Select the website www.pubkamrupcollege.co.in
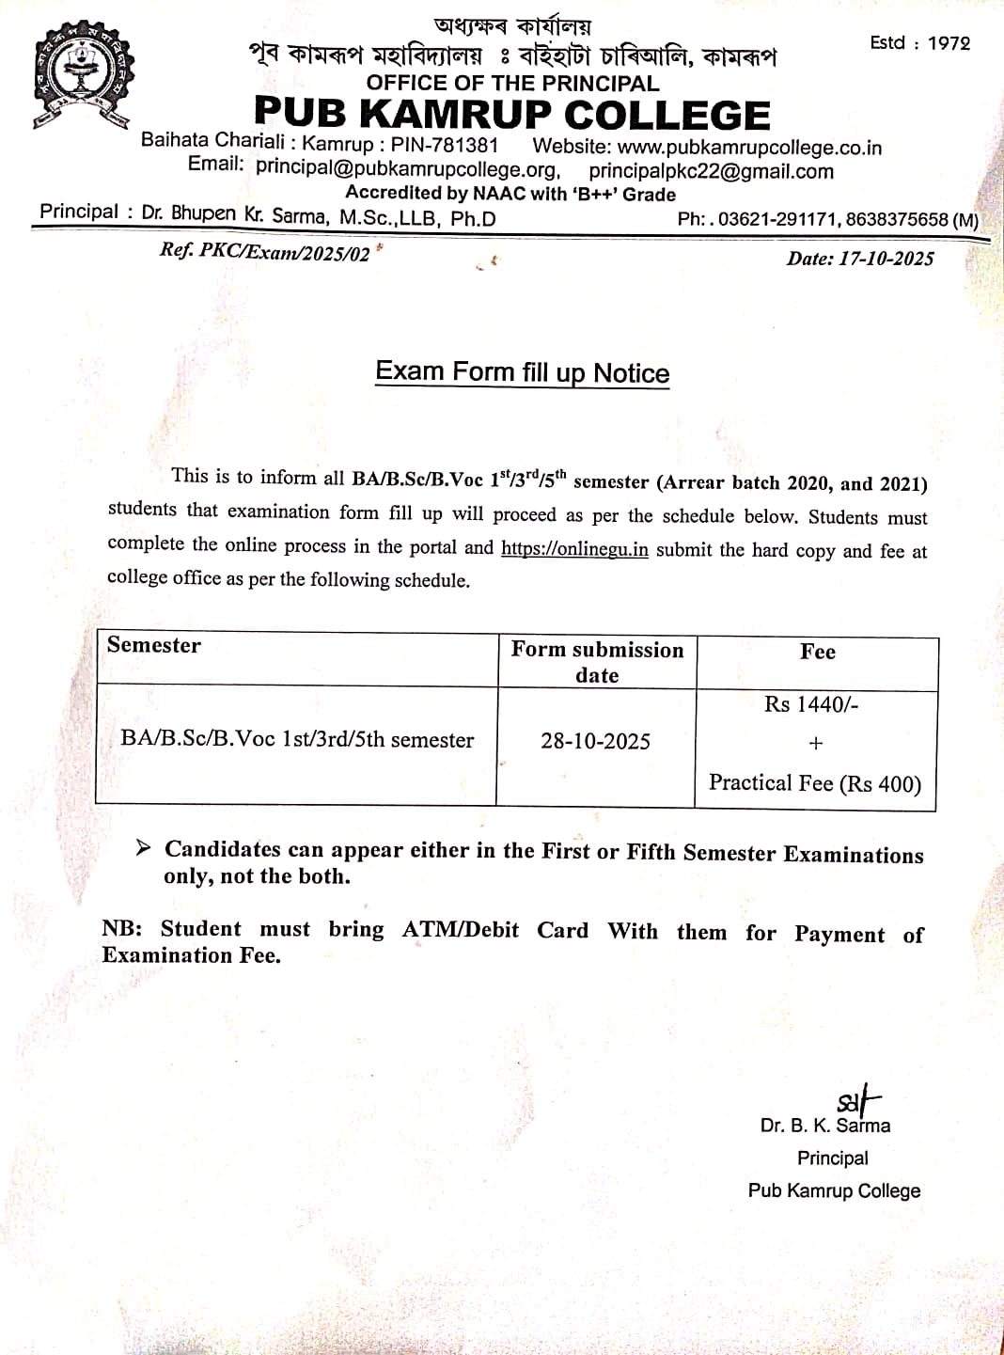(x=749, y=148)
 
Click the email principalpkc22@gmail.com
(x=711, y=171)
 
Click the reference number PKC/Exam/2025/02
(x=284, y=253)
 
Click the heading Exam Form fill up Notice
(x=522, y=372)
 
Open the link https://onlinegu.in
(x=574, y=549)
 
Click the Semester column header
(x=154, y=645)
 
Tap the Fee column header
(x=817, y=652)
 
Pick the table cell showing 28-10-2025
(x=595, y=741)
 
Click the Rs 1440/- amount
(x=811, y=704)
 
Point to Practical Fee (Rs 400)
(x=814, y=783)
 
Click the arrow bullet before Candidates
(x=143, y=848)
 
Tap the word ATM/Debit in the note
(x=461, y=930)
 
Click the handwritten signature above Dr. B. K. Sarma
(x=857, y=1098)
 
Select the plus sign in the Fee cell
(x=815, y=743)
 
